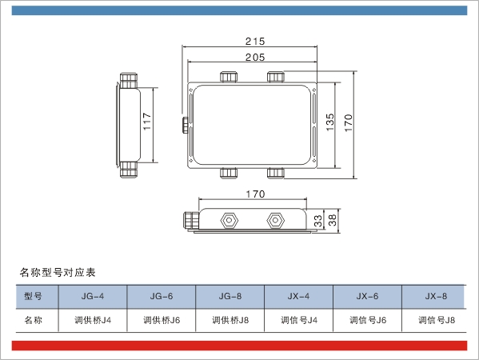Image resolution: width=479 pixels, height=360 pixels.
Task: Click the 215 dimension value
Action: point(255,42)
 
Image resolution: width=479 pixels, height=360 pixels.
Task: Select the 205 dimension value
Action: point(255,57)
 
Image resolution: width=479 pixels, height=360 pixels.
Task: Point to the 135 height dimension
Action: point(330,122)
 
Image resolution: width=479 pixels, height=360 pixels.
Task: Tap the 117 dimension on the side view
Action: point(147,121)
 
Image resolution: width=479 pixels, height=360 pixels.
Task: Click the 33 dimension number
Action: point(318,221)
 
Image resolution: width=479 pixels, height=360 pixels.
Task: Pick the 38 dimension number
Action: point(333,220)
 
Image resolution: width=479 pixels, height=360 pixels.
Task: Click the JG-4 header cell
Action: point(93,297)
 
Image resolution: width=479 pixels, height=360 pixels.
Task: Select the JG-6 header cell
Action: point(162,297)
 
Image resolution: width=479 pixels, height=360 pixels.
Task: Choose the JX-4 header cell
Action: point(298,297)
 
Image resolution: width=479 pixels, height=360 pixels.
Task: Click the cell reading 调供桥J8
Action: point(230,320)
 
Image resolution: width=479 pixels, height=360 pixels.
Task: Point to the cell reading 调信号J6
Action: point(368,320)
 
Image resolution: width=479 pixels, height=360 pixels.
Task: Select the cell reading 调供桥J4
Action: point(93,320)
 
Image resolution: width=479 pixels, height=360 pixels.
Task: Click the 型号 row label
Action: point(33,296)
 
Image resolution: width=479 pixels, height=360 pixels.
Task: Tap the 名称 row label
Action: point(33,320)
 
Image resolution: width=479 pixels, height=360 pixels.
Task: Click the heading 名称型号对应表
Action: point(58,272)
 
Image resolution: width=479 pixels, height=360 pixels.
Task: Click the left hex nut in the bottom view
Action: point(229,220)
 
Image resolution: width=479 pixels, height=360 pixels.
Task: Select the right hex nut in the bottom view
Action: point(275,220)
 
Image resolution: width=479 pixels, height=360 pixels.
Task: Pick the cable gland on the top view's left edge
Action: point(186,125)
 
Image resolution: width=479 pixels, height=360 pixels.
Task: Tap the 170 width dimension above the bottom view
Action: point(255,194)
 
